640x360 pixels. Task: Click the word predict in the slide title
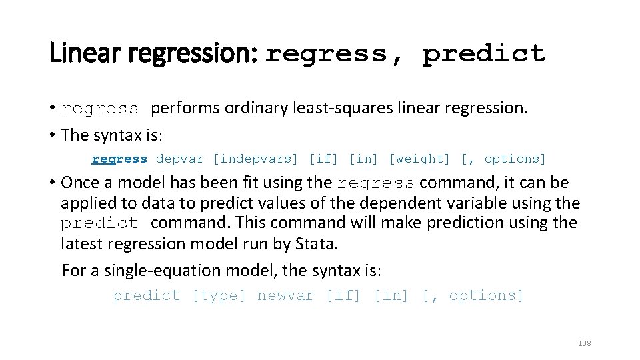484,53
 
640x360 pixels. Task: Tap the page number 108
584,343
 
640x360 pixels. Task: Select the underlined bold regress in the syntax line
119,159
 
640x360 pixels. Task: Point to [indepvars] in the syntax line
255,159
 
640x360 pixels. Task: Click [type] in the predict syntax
219,295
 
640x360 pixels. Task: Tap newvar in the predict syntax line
285,295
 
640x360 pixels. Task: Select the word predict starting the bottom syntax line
147,295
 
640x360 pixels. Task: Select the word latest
81,244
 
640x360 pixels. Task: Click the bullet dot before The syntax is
52,135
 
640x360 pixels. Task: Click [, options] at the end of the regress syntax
503,159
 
